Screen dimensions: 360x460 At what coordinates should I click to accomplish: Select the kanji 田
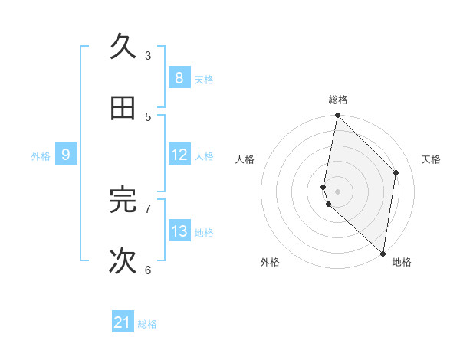point(123,109)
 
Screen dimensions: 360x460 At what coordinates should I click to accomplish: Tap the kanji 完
point(123,199)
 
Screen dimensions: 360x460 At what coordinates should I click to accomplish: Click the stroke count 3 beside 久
point(148,55)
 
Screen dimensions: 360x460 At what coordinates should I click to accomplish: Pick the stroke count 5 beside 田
point(148,117)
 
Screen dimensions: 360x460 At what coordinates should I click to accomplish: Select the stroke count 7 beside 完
point(148,208)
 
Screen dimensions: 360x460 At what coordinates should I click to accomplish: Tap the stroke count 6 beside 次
point(148,270)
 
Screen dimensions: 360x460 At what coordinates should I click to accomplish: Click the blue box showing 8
point(179,77)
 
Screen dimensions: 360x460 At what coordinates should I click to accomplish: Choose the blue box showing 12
point(179,155)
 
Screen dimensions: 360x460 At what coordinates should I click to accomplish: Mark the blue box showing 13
point(179,231)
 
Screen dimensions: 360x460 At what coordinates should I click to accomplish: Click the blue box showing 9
point(66,155)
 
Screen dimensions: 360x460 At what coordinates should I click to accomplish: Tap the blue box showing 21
point(123,322)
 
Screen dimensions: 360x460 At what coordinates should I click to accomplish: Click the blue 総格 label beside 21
point(147,324)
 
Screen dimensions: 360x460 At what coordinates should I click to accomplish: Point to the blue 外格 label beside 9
point(41,156)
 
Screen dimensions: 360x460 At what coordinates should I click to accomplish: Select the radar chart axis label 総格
point(338,100)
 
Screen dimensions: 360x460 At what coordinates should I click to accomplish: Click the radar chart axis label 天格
point(431,159)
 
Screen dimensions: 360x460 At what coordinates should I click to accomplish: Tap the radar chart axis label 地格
point(402,262)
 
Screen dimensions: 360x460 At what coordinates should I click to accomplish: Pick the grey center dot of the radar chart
point(337,191)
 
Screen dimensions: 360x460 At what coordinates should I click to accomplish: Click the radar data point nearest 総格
point(337,116)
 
